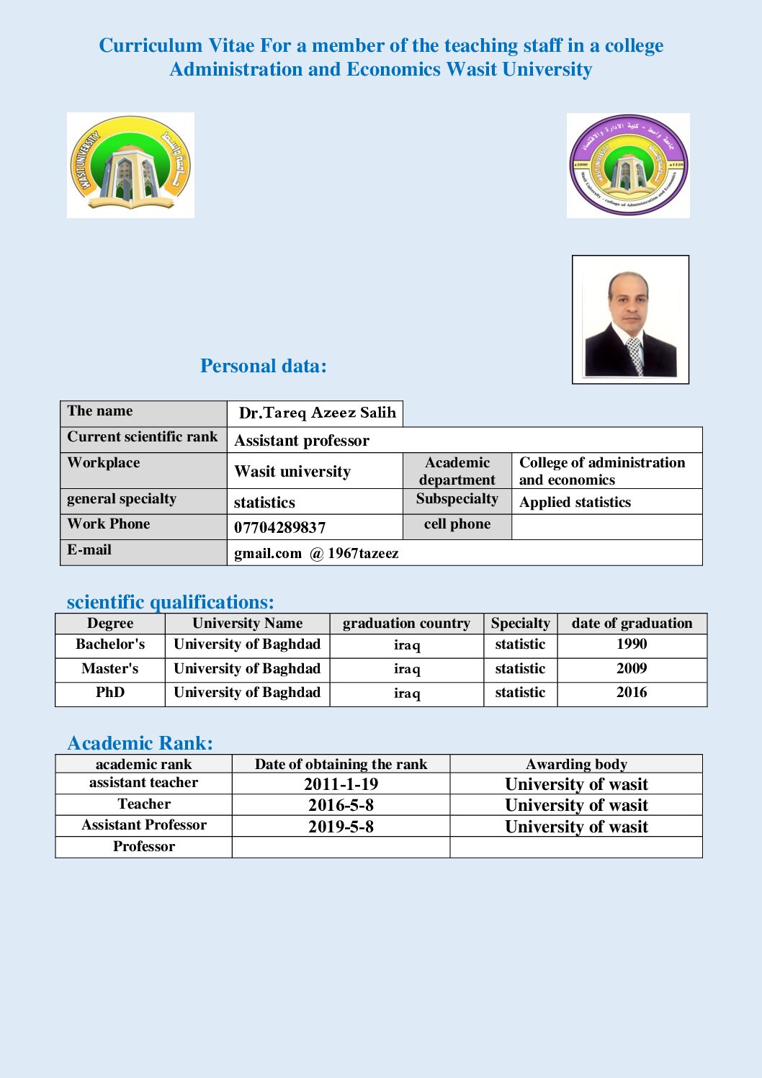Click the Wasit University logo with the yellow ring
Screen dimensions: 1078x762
click(130, 165)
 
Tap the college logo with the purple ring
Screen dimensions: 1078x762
click(628, 166)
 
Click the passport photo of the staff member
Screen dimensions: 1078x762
click(630, 319)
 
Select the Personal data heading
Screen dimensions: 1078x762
click(263, 366)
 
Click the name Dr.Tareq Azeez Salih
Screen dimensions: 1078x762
click(317, 413)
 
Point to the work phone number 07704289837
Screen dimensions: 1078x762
click(279, 527)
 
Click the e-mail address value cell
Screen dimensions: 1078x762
click(316, 553)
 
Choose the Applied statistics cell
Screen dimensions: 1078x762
click(575, 502)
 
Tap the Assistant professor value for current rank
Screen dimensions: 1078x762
click(302, 440)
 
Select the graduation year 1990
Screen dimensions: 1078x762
click(632, 644)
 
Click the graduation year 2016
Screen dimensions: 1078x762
click(632, 692)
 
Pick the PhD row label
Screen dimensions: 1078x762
click(110, 692)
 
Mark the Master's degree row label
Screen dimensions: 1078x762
click(110, 668)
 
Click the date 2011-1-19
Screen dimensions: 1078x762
click(341, 783)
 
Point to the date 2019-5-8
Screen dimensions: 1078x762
click(341, 826)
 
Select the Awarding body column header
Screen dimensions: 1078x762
click(576, 764)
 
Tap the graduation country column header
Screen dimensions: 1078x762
click(406, 623)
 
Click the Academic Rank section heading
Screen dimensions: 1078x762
click(140, 742)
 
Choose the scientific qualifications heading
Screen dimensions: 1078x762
click(170, 601)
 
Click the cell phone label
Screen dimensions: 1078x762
click(457, 524)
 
